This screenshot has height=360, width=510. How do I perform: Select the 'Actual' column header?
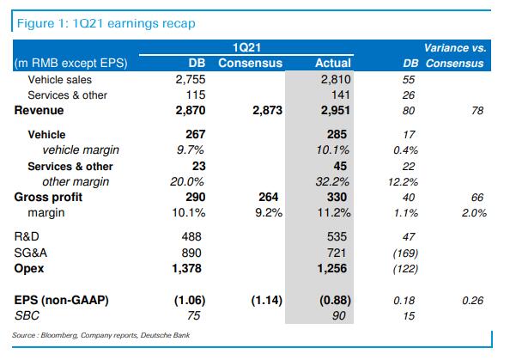coord(333,63)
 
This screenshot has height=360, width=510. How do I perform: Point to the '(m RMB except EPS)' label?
coord(66,63)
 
